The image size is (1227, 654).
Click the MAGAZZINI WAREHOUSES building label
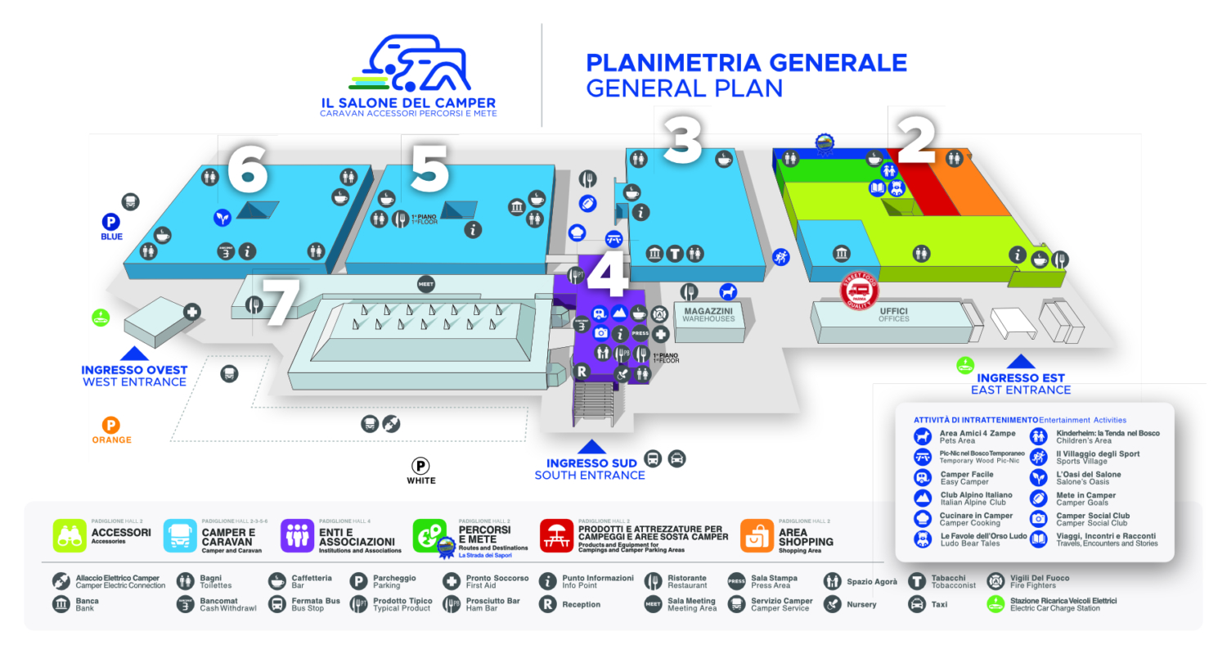(708, 313)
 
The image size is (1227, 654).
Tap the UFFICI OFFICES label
(893, 314)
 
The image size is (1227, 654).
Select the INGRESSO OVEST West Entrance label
(134, 376)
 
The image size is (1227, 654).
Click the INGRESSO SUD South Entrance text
(591, 469)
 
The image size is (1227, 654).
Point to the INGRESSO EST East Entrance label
(1021, 384)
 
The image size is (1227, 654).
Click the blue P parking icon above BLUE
(110, 222)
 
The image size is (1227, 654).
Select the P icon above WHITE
(420, 466)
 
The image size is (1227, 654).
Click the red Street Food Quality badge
(859, 290)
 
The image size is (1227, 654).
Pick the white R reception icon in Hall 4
(582, 372)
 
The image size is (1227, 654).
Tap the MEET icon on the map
(425, 284)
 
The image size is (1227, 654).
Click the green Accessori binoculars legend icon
(70, 536)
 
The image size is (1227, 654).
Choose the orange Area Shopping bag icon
(757, 536)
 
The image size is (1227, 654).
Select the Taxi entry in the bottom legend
(917, 605)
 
